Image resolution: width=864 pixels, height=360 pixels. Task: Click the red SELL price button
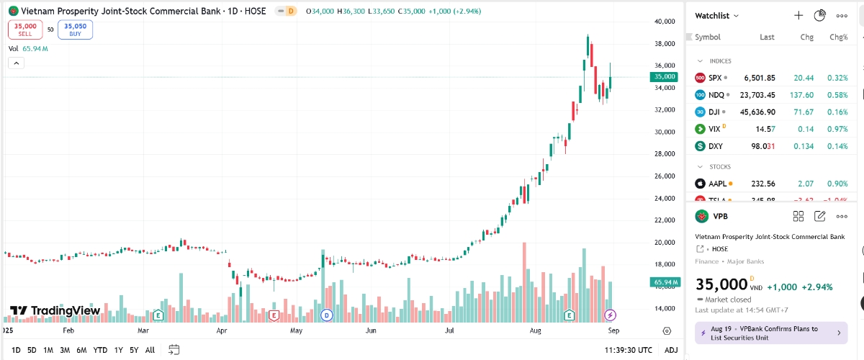click(25, 30)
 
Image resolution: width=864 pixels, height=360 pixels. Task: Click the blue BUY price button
click(76, 30)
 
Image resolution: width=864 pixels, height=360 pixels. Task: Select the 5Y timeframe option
click(134, 350)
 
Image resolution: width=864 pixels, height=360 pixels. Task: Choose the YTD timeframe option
click(100, 350)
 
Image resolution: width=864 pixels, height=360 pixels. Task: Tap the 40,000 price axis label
click(665, 22)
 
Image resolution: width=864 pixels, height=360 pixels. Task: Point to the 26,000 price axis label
click(665, 176)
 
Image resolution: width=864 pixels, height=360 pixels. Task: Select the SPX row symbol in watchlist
click(714, 78)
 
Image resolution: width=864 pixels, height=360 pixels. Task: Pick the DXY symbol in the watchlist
click(715, 146)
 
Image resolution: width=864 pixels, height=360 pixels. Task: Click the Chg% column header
click(838, 37)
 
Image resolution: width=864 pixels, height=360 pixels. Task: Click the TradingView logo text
click(65, 310)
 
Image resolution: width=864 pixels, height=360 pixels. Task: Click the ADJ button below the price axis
click(671, 350)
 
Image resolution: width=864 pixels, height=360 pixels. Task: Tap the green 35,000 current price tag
click(664, 76)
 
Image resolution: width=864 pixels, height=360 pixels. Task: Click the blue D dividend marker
click(326, 315)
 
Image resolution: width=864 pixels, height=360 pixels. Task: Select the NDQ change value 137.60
click(799, 95)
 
